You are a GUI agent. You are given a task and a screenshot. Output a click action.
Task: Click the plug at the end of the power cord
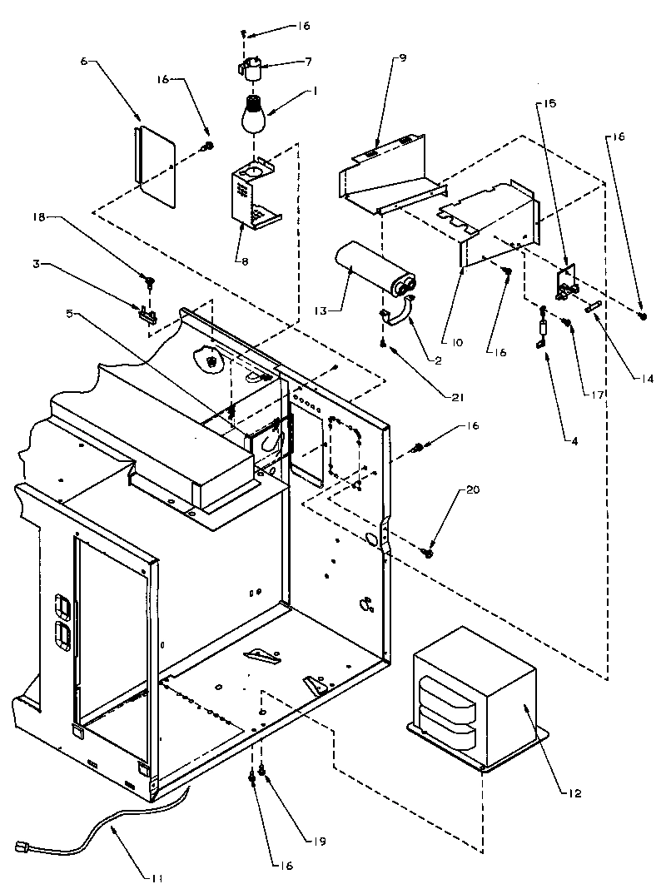coord(24,848)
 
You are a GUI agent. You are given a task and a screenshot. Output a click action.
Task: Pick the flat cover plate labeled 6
coord(155,165)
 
